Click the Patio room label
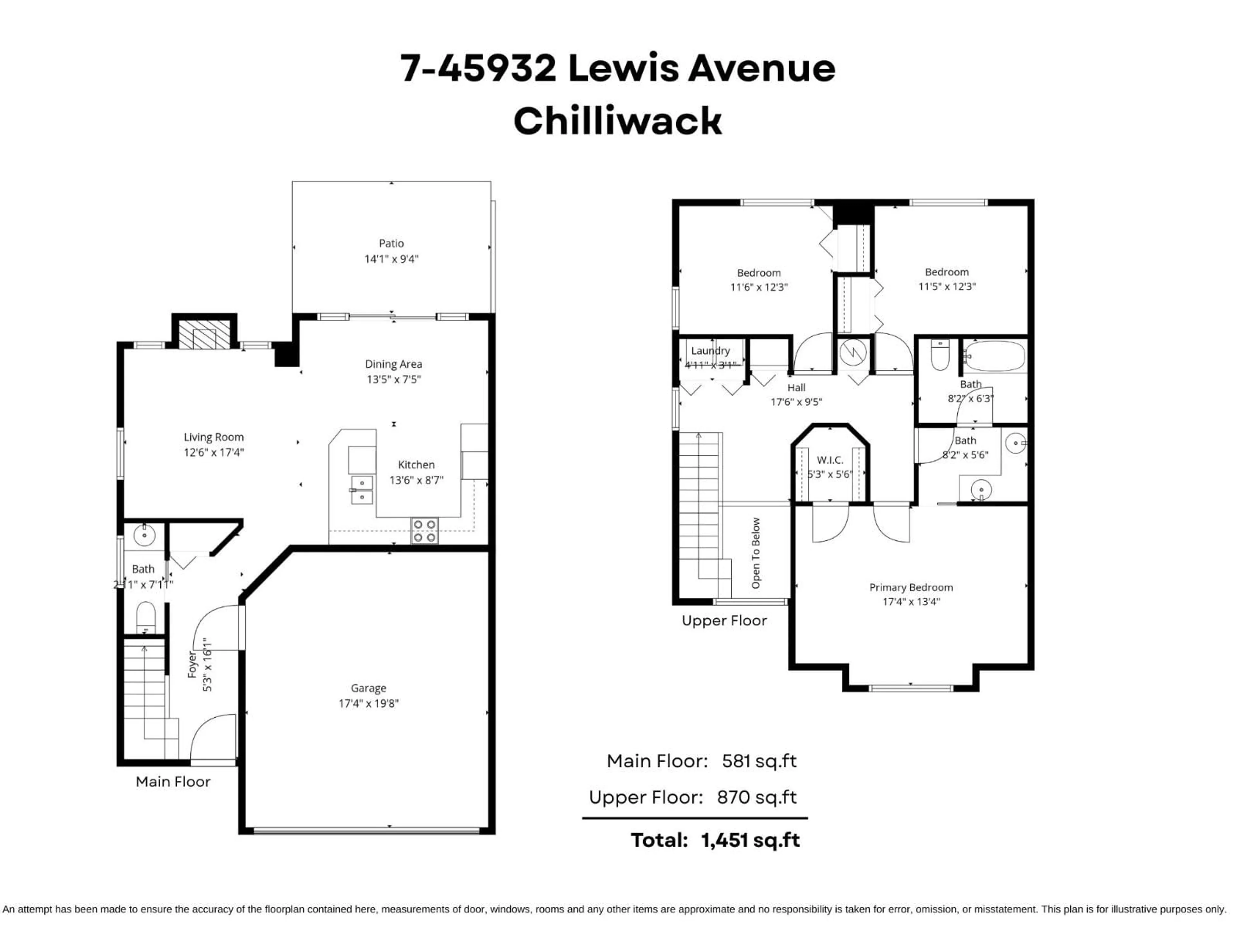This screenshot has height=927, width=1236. (x=391, y=243)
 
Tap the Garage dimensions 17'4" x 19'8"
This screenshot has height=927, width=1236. (x=368, y=704)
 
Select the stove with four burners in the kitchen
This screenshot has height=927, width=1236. (x=424, y=531)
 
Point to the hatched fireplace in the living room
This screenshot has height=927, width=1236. (x=204, y=334)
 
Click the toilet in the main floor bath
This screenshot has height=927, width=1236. (x=145, y=617)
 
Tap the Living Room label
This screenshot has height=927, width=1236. (x=213, y=437)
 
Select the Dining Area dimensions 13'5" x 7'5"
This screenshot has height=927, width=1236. (x=393, y=379)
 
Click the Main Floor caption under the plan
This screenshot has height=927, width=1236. (x=173, y=782)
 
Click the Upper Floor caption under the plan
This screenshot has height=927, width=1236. (x=724, y=621)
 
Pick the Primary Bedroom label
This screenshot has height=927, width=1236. (x=911, y=587)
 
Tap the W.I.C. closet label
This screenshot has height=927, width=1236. (x=830, y=460)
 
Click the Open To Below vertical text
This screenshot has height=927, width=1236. (x=755, y=553)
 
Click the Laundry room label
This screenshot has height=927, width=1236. (x=710, y=350)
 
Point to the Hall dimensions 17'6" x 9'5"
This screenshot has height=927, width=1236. (x=796, y=402)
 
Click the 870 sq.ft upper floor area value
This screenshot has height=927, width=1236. (x=757, y=797)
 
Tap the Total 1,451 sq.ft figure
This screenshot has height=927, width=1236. (x=750, y=840)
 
